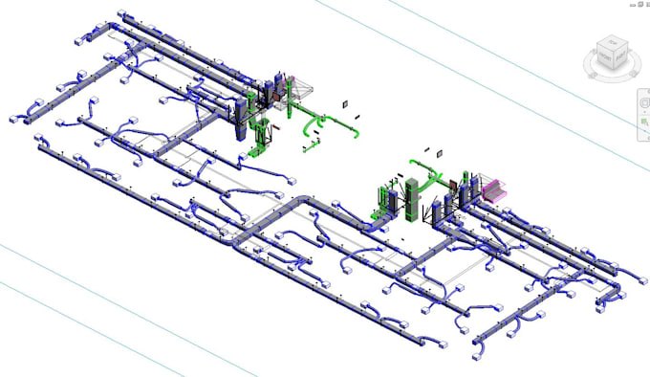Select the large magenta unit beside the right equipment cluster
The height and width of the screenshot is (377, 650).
[493, 188]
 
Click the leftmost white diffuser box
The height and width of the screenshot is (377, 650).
[16, 119]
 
